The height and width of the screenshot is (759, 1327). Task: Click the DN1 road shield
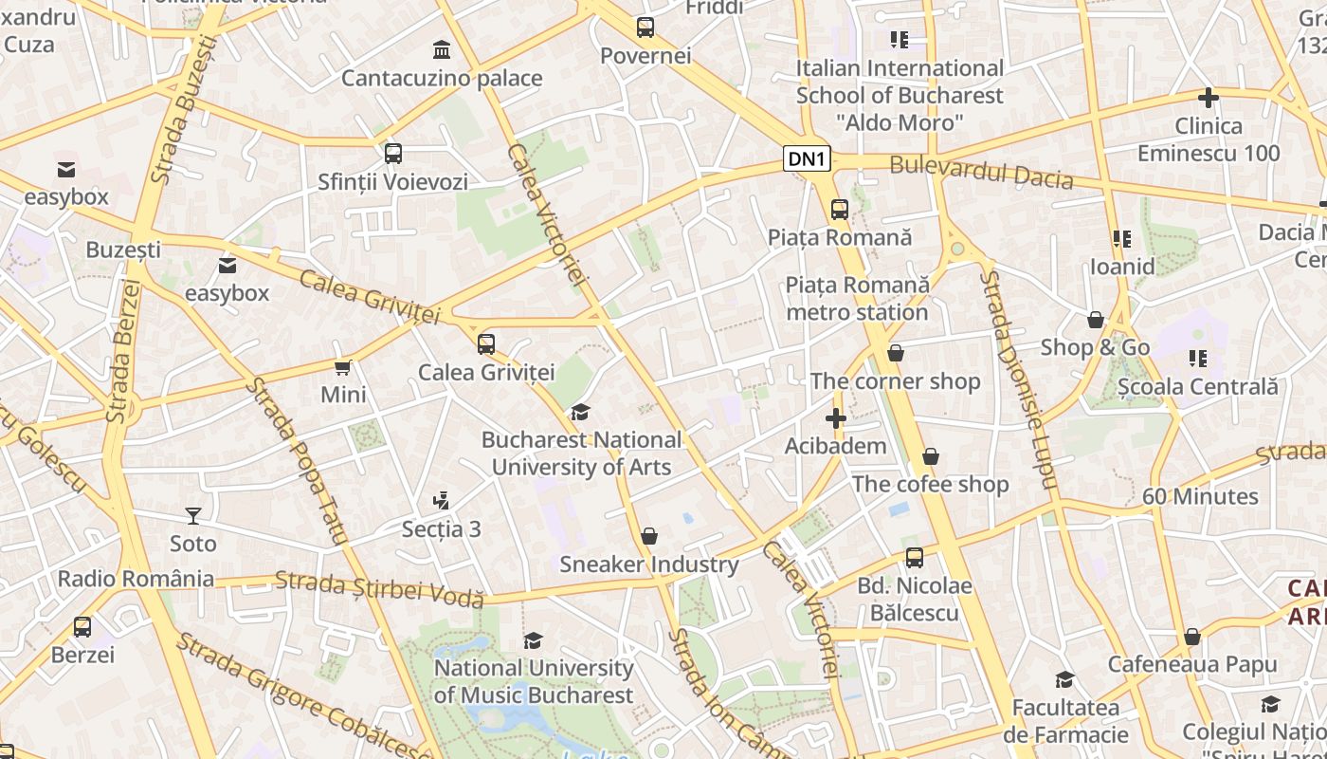pyautogui.click(x=807, y=159)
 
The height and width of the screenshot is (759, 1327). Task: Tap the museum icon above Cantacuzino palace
pyautogui.click(x=442, y=49)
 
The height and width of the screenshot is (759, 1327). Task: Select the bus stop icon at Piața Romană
pyautogui.click(x=839, y=209)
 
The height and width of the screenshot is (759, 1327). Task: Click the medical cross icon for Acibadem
pyautogui.click(x=835, y=418)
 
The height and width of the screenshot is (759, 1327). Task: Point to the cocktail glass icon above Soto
pyautogui.click(x=193, y=516)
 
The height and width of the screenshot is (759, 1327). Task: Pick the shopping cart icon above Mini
pyautogui.click(x=343, y=367)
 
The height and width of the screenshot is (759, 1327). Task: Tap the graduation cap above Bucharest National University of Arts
pyautogui.click(x=579, y=413)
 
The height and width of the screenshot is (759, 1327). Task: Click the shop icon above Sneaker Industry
pyautogui.click(x=649, y=537)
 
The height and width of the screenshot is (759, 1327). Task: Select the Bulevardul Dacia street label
pyautogui.click(x=981, y=174)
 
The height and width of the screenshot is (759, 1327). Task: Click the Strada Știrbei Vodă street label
pyautogui.click(x=379, y=589)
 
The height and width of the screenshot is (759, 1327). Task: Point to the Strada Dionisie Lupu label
pyautogui.click(x=1017, y=379)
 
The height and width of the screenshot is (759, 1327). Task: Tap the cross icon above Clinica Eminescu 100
pyautogui.click(x=1209, y=98)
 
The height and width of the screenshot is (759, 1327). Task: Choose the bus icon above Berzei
pyautogui.click(x=82, y=627)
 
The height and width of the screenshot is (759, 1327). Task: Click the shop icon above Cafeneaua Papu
pyautogui.click(x=1192, y=637)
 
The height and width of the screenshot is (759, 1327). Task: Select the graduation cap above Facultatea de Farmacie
pyautogui.click(x=1065, y=680)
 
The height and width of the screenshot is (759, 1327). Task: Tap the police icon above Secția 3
pyautogui.click(x=441, y=501)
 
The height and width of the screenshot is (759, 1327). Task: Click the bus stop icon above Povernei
pyautogui.click(x=645, y=28)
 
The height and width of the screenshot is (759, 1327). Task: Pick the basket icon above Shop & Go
pyautogui.click(x=1096, y=320)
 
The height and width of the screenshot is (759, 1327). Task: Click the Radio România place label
pyautogui.click(x=136, y=579)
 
